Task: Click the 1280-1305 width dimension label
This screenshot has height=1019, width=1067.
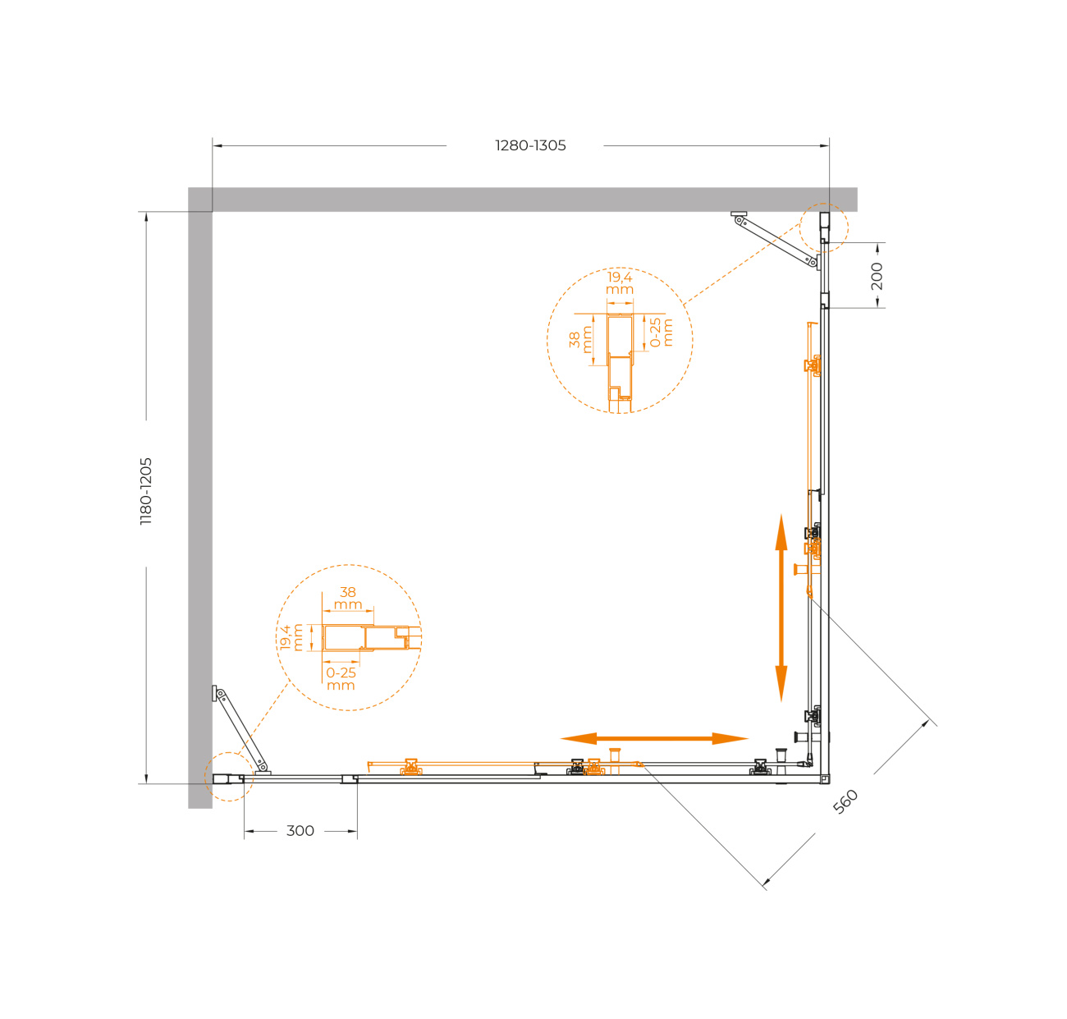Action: [x=529, y=145]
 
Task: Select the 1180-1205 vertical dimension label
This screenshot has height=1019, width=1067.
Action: [x=146, y=491]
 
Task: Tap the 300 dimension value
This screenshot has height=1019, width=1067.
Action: [x=300, y=830]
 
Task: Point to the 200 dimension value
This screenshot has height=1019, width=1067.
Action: [x=877, y=276]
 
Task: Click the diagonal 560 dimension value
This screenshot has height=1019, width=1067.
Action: [x=845, y=801]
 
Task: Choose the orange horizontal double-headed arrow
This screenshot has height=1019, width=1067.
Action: [x=654, y=738]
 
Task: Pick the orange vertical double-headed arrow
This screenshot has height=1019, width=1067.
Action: [x=781, y=608]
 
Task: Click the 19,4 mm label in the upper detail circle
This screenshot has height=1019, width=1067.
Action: [x=619, y=283]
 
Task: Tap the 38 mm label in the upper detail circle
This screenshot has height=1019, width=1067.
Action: [x=580, y=339]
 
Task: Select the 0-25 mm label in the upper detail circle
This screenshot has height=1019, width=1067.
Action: [x=661, y=333]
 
